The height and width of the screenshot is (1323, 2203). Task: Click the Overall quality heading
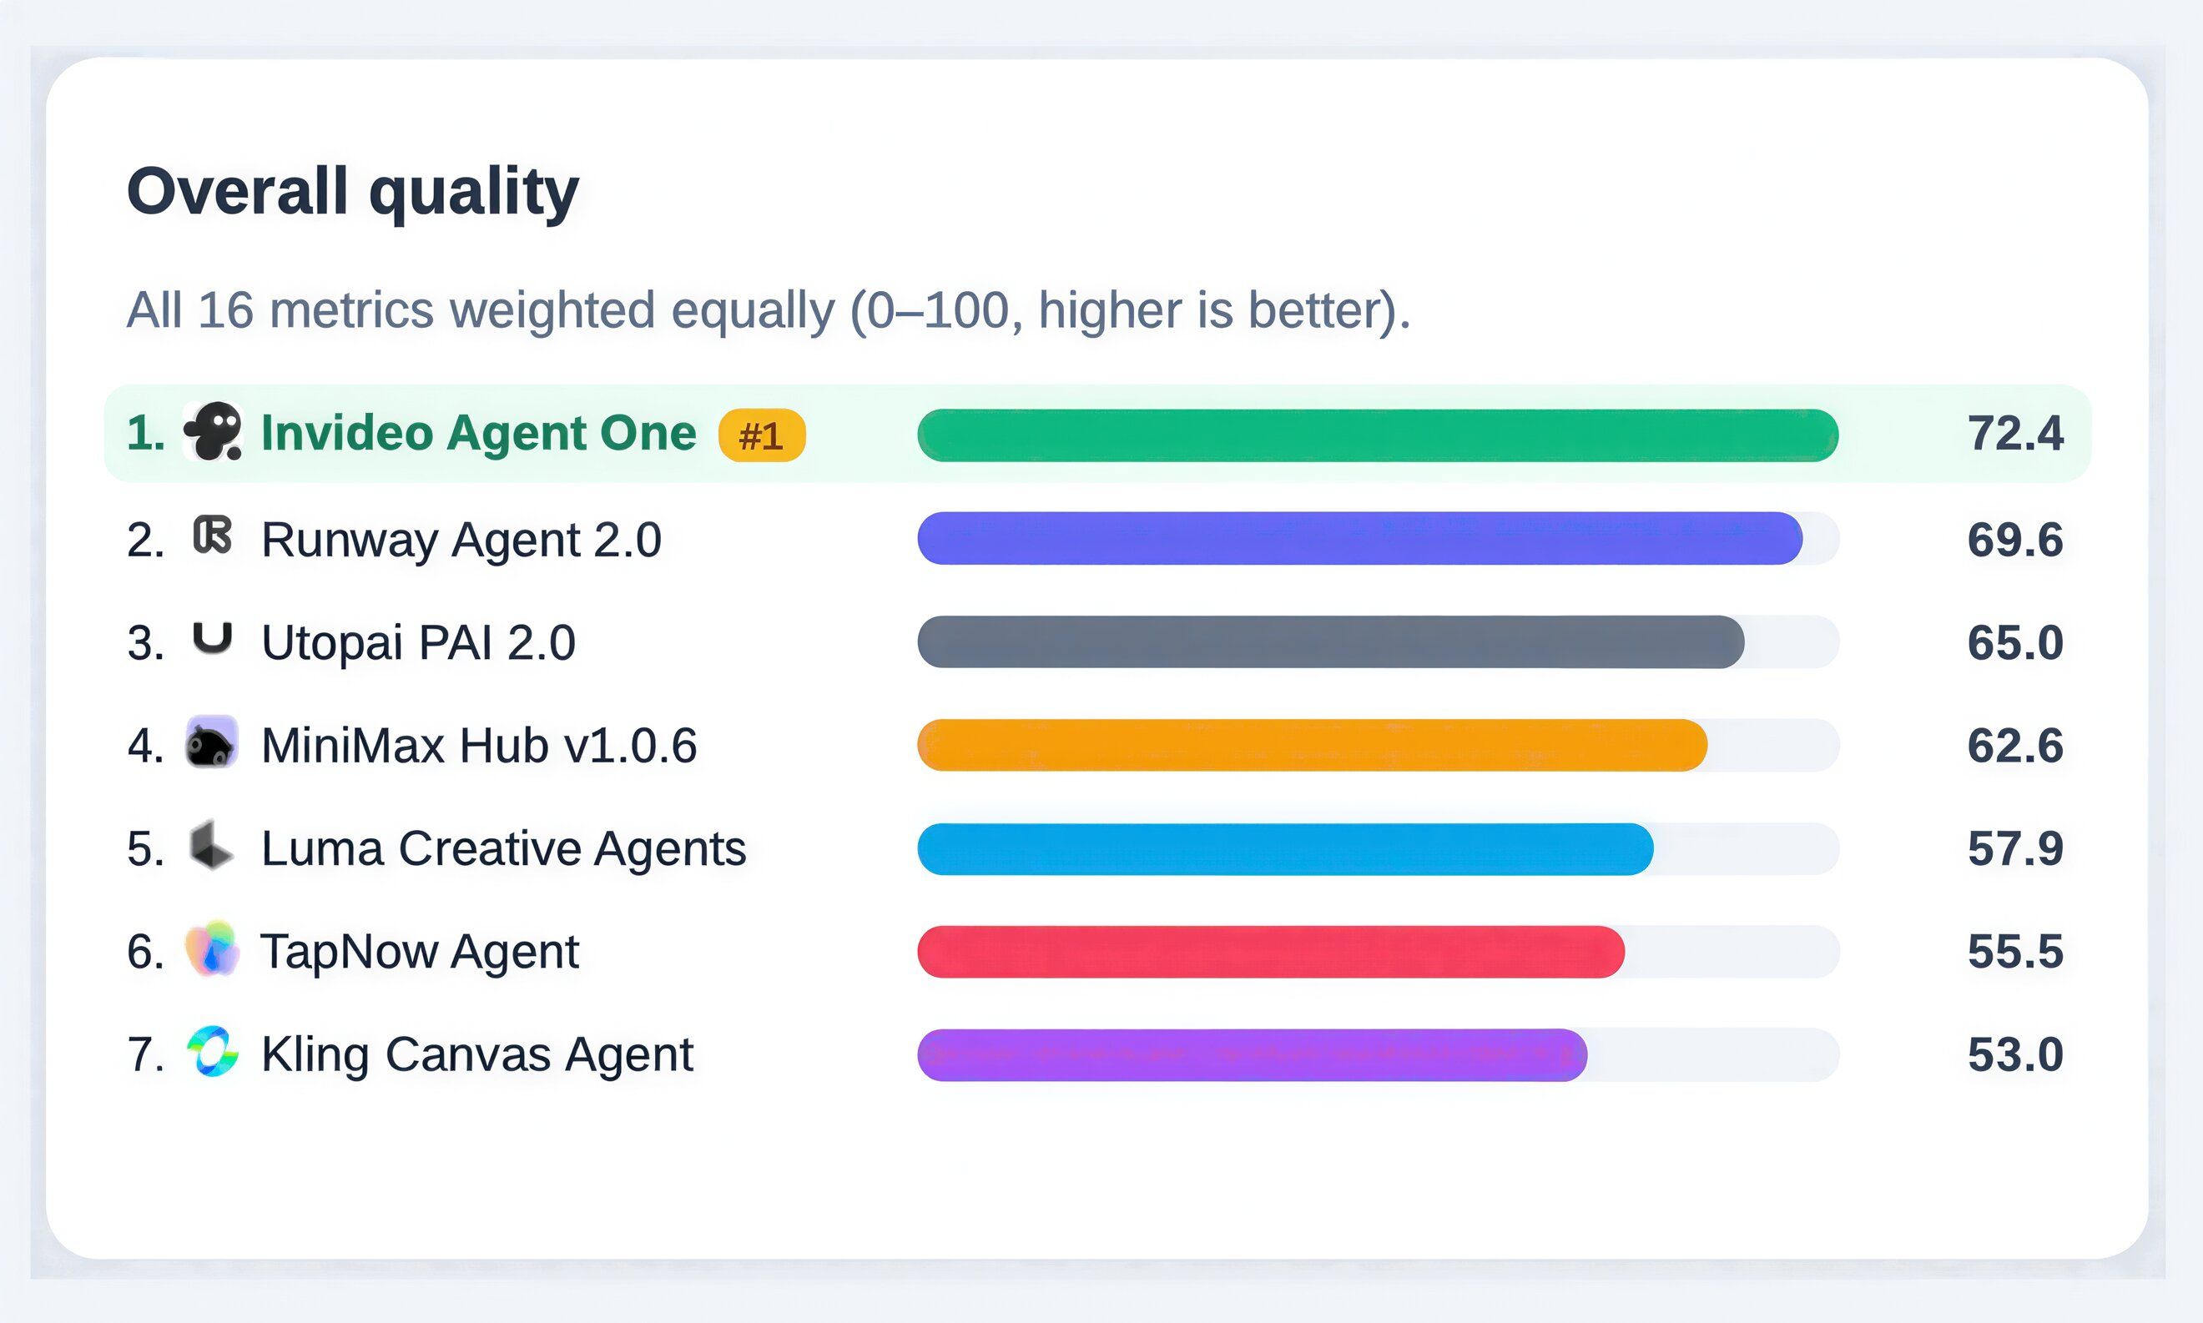(x=353, y=193)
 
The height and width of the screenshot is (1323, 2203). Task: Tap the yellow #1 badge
(x=762, y=435)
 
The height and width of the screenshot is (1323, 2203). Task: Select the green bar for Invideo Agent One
(x=1378, y=435)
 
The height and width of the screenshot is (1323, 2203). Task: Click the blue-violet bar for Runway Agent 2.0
(x=1359, y=539)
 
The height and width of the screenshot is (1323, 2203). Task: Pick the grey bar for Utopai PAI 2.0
(x=1331, y=641)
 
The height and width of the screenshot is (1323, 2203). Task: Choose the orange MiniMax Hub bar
(x=1313, y=745)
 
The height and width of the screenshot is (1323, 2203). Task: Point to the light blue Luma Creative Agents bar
(x=1286, y=848)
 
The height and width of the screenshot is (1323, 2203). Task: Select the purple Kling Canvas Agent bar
(x=1253, y=1055)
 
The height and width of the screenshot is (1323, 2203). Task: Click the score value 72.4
(x=2015, y=434)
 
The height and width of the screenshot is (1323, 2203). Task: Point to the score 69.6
(x=2015, y=540)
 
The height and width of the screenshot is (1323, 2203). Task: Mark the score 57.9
(x=2015, y=848)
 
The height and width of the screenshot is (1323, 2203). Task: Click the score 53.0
(x=2015, y=1055)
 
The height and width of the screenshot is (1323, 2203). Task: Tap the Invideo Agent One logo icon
(x=213, y=431)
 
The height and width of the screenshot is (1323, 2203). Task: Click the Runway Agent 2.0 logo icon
(x=212, y=536)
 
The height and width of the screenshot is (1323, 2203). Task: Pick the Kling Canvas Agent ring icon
(x=212, y=1052)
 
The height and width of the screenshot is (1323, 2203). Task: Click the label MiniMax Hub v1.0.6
(x=479, y=745)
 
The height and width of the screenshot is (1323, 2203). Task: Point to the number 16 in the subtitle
(x=224, y=310)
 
